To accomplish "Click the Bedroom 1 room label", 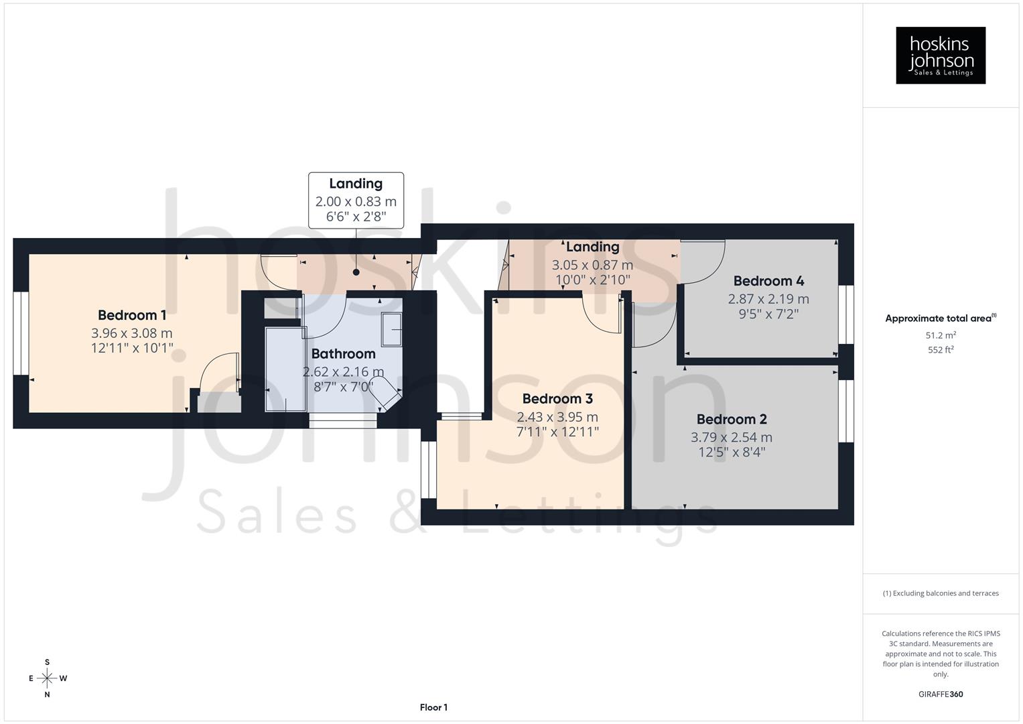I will pyautogui.click(x=132, y=315).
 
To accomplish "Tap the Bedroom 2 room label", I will pyautogui.click(x=732, y=420).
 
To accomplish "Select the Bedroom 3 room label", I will pyautogui.click(x=557, y=399).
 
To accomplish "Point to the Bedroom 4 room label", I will pyautogui.click(x=768, y=281).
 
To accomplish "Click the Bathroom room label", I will pyautogui.click(x=343, y=354).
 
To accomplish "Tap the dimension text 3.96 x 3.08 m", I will pyautogui.click(x=132, y=333).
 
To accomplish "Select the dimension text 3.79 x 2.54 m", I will pyautogui.click(x=732, y=437).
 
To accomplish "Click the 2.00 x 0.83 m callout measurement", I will pyautogui.click(x=356, y=201).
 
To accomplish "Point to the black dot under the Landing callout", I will pyautogui.click(x=356, y=272).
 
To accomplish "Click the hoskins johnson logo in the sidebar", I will pyautogui.click(x=941, y=56).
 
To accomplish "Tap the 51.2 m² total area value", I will pyautogui.click(x=941, y=335).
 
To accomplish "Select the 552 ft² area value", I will pyautogui.click(x=941, y=350).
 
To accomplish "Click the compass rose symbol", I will pyautogui.click(x=47, y=678).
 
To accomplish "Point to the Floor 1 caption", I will pyautogui.click(x=433, y=707).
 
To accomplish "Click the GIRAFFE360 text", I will pyautogui.click(x=941, y=695).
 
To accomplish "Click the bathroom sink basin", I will pyautogui.click(x=391, y=329).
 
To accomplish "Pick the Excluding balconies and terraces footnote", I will pyautogui.click(x=941, y=593).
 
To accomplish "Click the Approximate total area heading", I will pyautogui.click(x=940, y=318).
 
